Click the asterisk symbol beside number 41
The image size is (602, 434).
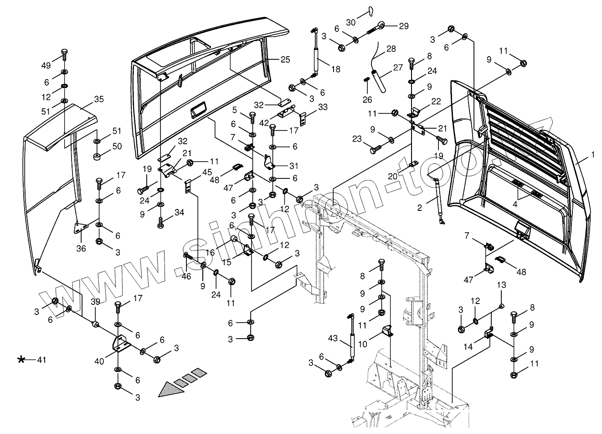pyautogui.click(x=21, y=360)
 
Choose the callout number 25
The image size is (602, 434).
pyautogui.click(x=285, y=60)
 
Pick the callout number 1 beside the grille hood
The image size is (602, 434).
pyautogui.click(x=593, y=155)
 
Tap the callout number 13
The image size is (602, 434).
pyautogui.click(x=501, y=285)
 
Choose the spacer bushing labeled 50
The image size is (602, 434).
pyautogui.click(x=98, y=157)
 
